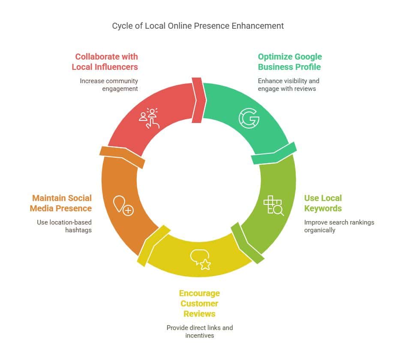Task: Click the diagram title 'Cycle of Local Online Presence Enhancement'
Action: (198, 26)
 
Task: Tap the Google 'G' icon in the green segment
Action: (249, 119)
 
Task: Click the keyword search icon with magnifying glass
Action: (273, 205)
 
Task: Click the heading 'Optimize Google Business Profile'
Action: (290, 62)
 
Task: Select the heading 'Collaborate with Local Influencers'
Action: (105, 62)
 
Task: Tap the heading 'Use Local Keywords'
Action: (323, 203)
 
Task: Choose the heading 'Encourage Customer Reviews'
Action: (199, 303)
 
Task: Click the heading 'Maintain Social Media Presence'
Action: (62, 203)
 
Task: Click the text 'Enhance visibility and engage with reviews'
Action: (288, 85)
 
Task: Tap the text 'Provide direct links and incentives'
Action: (199, 332)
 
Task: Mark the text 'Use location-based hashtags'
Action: (64, 226)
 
